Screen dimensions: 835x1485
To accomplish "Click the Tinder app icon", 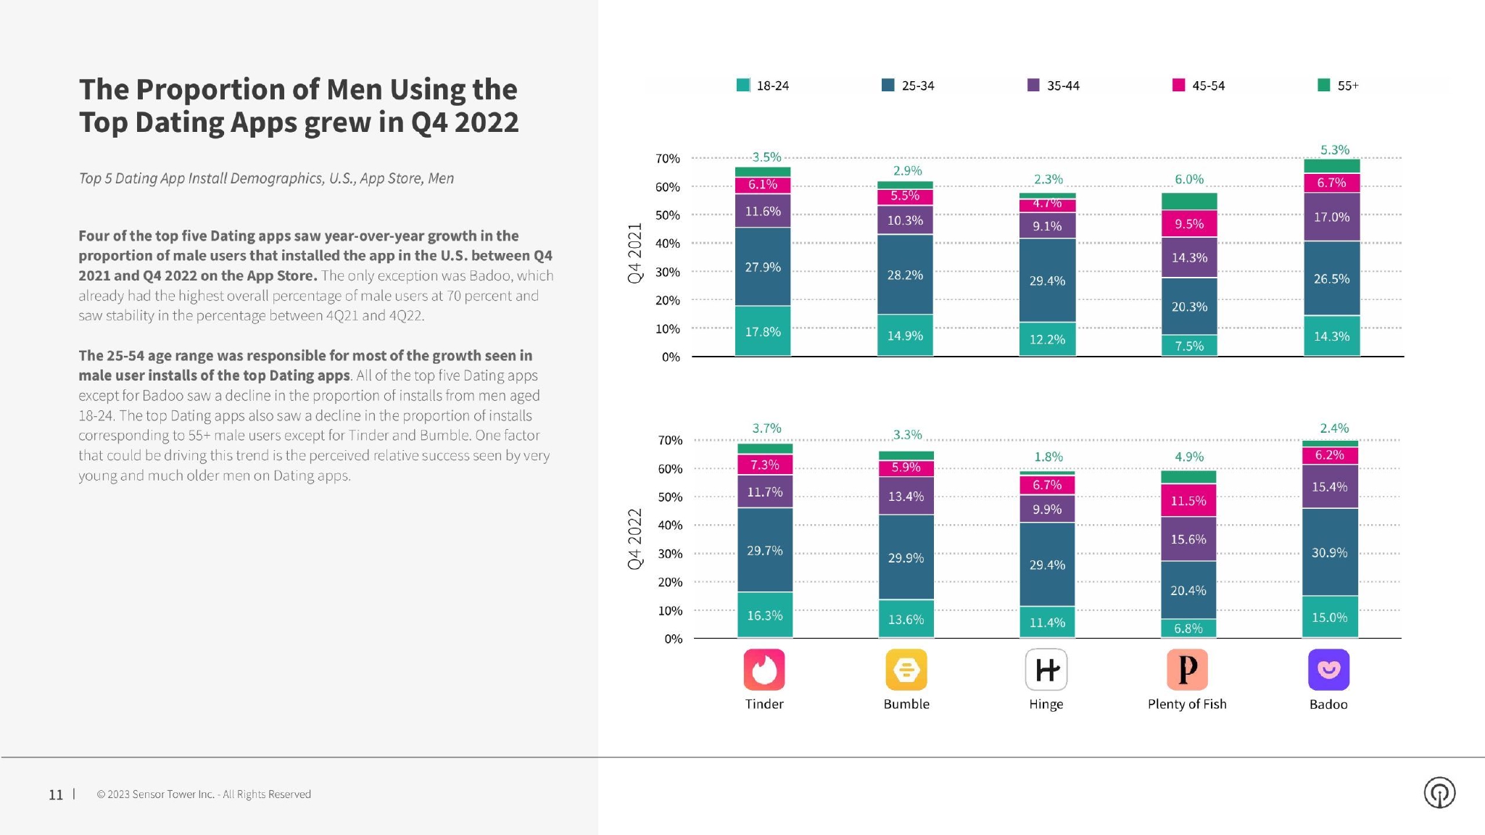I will (764, 669).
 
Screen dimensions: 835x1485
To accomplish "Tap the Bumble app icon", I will (906, 669).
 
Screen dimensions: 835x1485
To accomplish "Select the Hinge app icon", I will (1046, 669).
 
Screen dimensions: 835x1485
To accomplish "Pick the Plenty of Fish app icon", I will (1187, 669).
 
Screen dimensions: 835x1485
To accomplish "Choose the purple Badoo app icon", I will (1328, 669).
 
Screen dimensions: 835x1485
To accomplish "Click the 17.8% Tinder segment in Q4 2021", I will (763, 331).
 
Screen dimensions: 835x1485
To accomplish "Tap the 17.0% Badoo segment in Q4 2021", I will (1331, 217).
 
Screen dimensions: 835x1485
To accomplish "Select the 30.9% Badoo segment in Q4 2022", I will (1329, 552).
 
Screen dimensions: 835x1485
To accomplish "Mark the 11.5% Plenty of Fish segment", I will (1188, 501).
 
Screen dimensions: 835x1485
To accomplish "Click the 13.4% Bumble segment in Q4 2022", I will (906, 497).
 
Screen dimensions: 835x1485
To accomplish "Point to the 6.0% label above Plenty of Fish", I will (1189, 179).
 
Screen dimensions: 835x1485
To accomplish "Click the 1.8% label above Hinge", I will (1048, 457).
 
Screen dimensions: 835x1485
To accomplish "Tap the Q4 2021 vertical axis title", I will (635, 253).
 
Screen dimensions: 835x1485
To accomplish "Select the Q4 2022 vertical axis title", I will (635, 539).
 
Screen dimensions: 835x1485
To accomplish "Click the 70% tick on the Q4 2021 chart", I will (667, 158).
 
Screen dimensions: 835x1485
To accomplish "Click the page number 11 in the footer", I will (56, 794).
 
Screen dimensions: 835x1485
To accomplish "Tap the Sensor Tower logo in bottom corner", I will (1439, 792).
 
